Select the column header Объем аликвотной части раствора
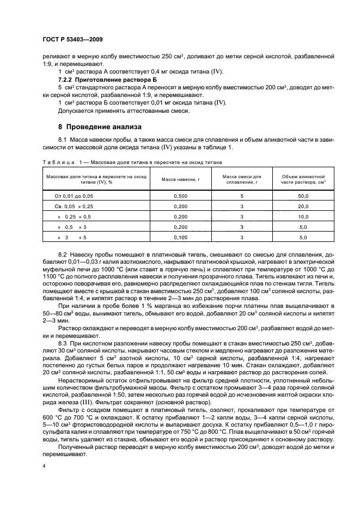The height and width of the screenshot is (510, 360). point(303,179)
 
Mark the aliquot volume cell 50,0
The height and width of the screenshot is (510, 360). point(303,195)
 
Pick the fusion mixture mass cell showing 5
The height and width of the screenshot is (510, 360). point(241,195)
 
